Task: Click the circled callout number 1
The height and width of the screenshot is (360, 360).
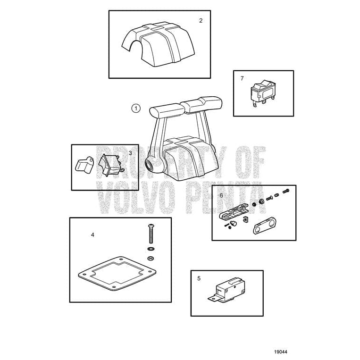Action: tap(136, 108)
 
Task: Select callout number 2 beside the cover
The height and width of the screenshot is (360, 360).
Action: tap(201, 21)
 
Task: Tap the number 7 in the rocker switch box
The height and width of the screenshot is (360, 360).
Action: tap(242, 78)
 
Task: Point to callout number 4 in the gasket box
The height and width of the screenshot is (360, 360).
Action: tap(92, 235)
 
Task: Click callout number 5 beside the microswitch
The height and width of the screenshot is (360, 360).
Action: tap(199, 278)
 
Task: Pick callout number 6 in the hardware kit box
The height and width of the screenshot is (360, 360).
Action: tap(221, 196)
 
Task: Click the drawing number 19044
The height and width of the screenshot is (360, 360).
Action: tap(281, 352)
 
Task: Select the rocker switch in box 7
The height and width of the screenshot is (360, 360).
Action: tap(263, 93)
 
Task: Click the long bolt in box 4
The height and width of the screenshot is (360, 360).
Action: tap(151, 234)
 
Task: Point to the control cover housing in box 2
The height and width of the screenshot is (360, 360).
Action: tap(158, 44)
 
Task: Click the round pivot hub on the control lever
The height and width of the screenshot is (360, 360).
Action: tap(150, 165)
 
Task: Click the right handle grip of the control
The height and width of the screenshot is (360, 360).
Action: tap(202, 105)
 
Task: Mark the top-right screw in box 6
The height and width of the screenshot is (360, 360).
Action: tap(286, 191)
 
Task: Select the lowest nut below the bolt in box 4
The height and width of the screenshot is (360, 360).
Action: tap(151, 258)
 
